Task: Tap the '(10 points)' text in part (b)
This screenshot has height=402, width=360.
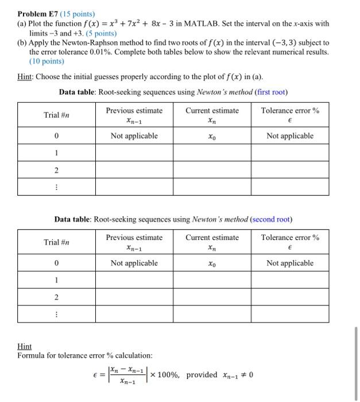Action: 47,61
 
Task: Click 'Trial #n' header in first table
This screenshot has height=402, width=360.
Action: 56,115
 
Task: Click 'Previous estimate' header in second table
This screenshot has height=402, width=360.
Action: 134,237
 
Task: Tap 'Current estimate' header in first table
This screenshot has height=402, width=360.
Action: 212,110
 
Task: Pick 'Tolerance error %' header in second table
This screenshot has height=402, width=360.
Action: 290,237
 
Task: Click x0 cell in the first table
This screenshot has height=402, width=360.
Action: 212,136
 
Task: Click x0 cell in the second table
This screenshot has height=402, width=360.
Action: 212,264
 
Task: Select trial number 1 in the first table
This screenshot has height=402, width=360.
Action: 56,153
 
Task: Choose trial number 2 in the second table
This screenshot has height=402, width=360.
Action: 56,297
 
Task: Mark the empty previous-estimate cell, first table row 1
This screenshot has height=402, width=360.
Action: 134,153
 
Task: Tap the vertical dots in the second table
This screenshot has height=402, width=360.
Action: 56,314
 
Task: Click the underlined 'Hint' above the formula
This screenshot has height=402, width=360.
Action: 25,347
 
